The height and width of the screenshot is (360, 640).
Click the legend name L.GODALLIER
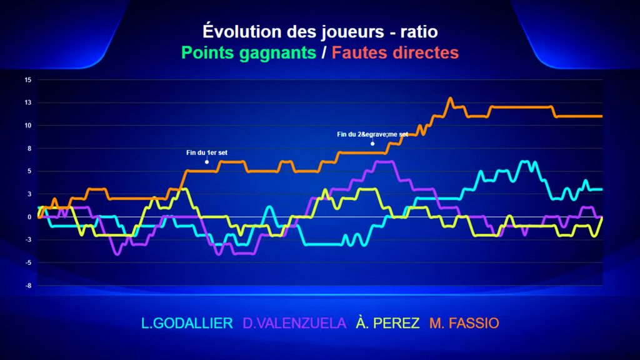coord(187,323)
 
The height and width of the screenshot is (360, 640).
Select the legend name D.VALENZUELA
coord(294,323)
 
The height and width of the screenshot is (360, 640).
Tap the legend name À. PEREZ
coord(387,323)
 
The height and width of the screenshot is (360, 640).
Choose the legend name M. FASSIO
coord(464,323)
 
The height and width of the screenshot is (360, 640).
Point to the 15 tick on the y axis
coord(27,80)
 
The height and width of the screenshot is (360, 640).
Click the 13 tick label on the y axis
coord(27,102)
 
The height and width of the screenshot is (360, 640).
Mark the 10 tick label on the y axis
coord(27,125)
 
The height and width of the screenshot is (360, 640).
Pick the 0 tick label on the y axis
coord(29,217)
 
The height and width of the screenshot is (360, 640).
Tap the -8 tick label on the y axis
coord(28,285)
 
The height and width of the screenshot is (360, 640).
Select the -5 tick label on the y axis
coord(28,262)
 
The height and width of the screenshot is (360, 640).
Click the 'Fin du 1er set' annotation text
coord(207,152)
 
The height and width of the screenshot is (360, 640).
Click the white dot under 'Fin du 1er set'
coord(207,162)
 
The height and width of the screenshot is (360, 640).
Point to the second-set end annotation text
coord(372,134)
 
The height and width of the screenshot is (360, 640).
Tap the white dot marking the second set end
coord(372,144)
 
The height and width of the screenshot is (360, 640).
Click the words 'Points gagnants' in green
coord(249,52)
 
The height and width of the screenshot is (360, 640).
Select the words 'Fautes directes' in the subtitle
coord(395,52)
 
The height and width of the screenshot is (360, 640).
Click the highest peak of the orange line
coord(451,98)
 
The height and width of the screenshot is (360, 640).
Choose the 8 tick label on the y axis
coord(29,149)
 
